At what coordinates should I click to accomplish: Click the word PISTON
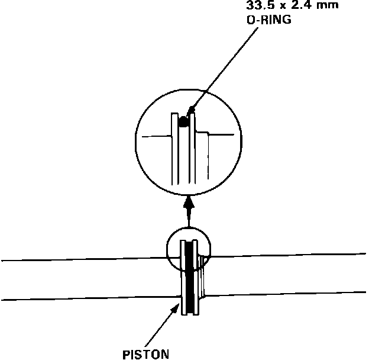(x=146, y=354)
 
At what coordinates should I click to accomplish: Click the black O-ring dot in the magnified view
(x=183, y=123)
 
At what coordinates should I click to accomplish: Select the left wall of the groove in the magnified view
(x=175, y=148)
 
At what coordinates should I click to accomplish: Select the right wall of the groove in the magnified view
(x=192, y=148)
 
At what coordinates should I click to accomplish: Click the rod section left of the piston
(x=89, y=278)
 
